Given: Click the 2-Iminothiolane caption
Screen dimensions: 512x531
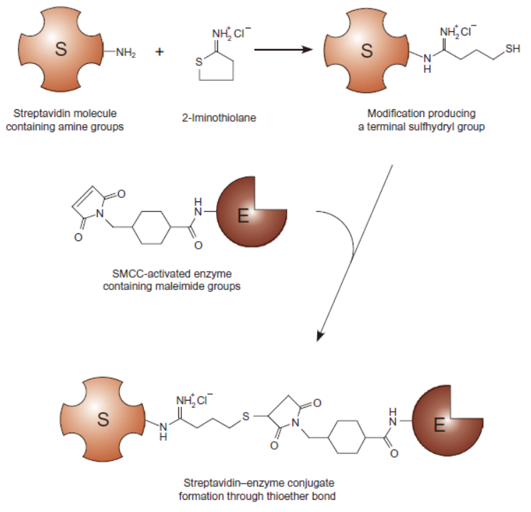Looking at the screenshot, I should pyautogui.click(x=219, y=118).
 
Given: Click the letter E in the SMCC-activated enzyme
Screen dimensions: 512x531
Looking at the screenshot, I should pyautogui.click(x=243, y=217).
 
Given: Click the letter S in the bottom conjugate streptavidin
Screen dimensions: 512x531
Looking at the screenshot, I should pyautogui.click(x=104, y=419).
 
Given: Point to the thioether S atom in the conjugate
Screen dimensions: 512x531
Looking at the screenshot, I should pyautogui.click(x=246, y=415).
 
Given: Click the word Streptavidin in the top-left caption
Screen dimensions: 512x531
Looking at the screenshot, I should pyautogui.click(x=42, y=113).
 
